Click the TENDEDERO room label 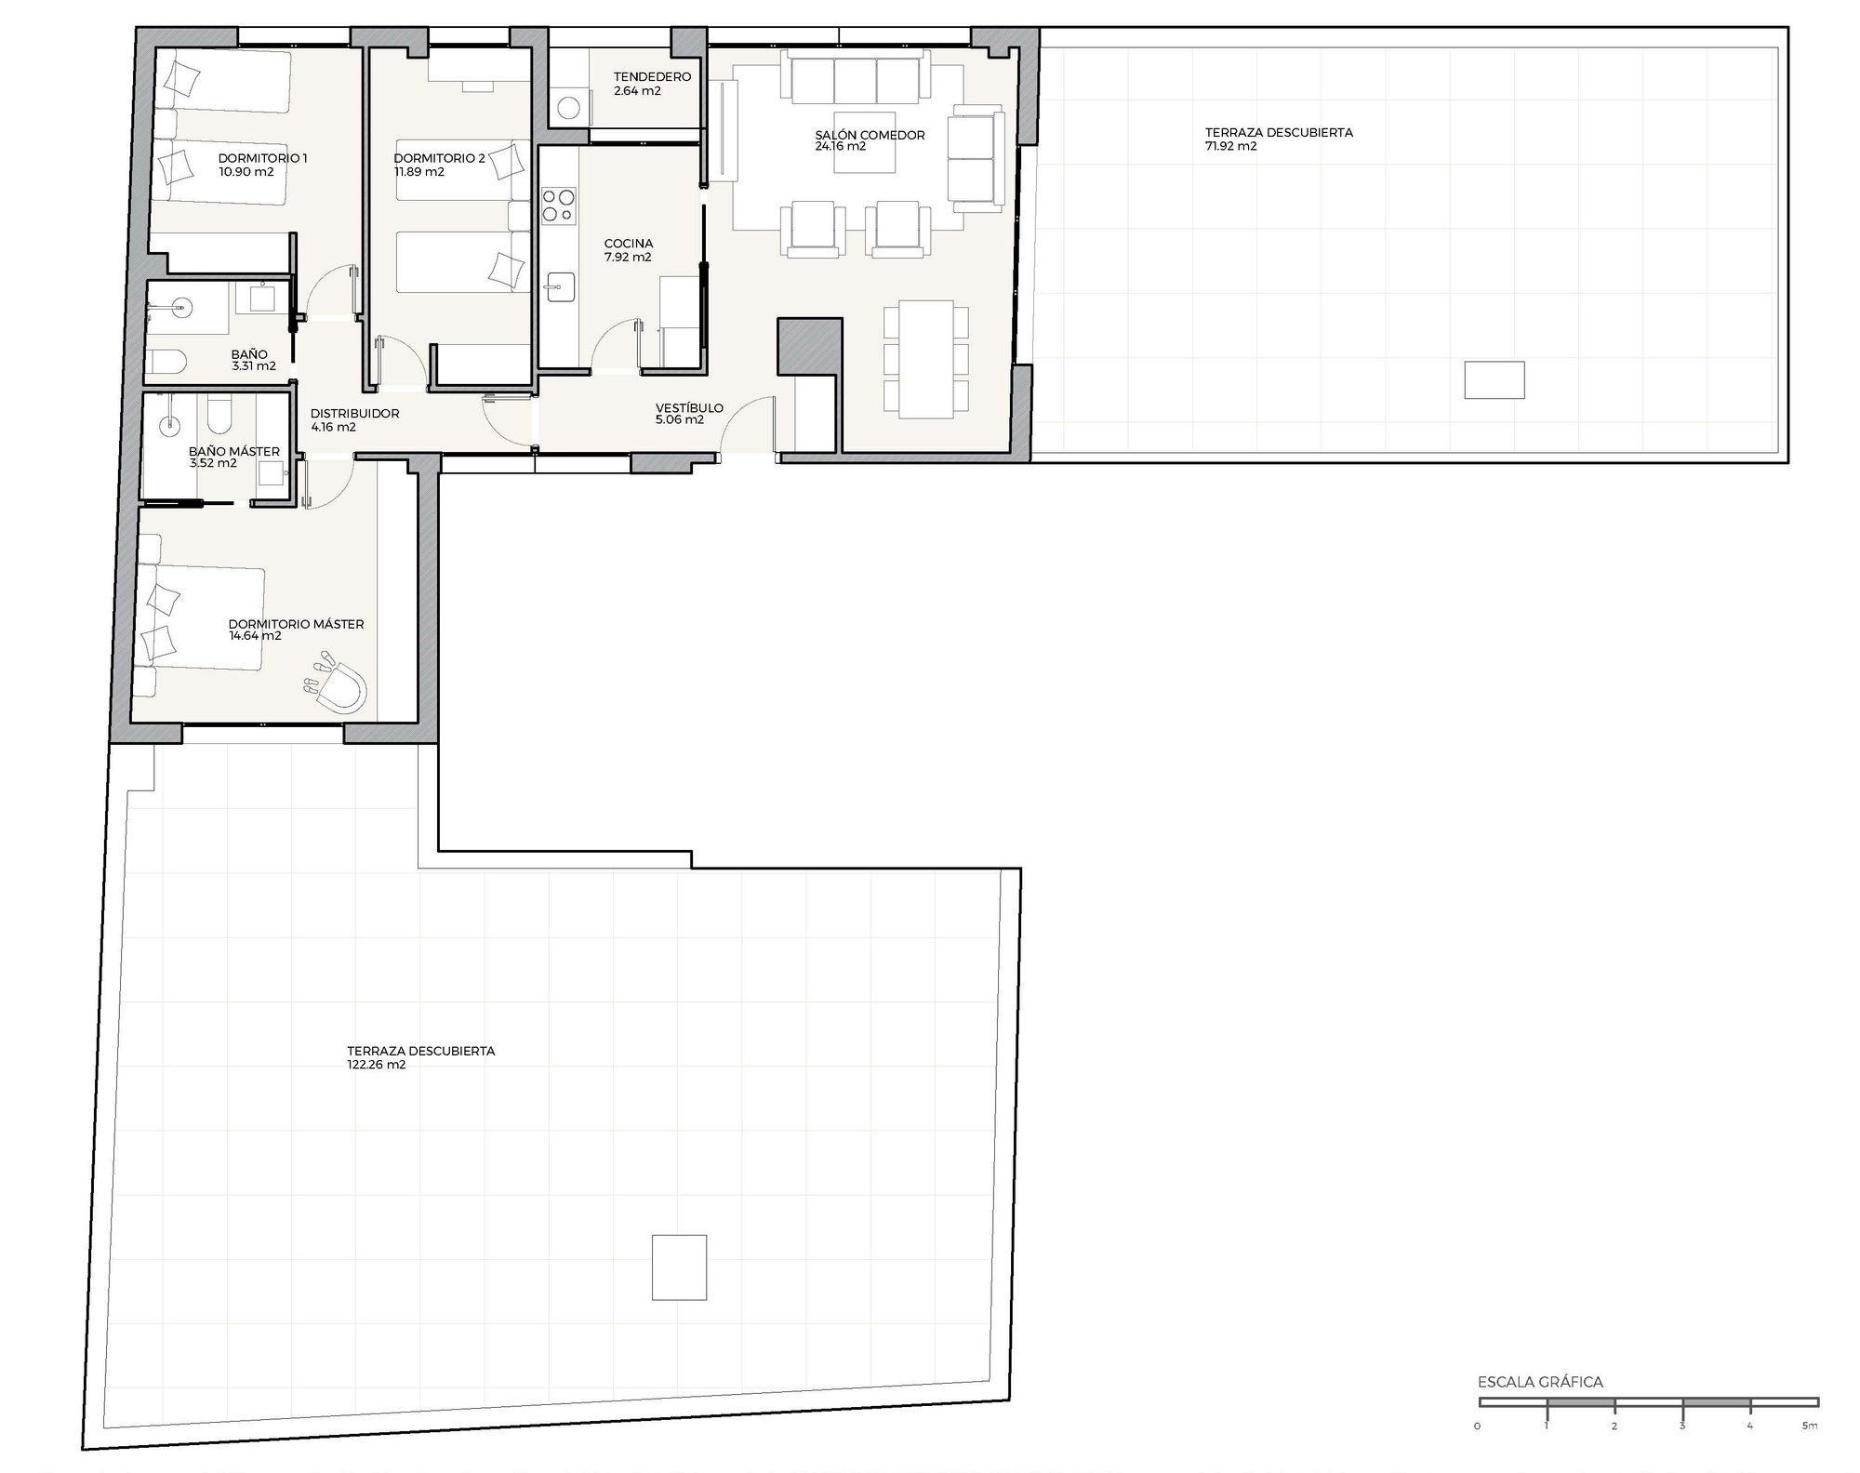pyautogui.click(x=652, y=77)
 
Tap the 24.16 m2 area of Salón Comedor pyautogui.click(x=841, y=147)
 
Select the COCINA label pyautogui.click(x=629, y=245)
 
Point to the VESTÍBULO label pyautogui.click(x=689, y=408)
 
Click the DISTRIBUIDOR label pyautogui.click(x=354, y=414)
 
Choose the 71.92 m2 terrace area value pyautogui.click(x=1231, y=146)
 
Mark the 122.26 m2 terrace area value pyautogui.click(x=377, y=1065)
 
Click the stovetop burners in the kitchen pyautogui.click(x=559, y=206)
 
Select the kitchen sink pyautogui.click(x=558, y=287)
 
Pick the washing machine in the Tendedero pyautogui.click(x=568, y=105)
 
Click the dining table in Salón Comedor pyautogui.click(x=926, y=358)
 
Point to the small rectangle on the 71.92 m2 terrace pyautogui.click(x=1495, y=379)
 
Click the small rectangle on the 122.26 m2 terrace pyautogui.click(x=679, y=1267)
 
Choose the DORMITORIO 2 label pyautogui.click(x=439, y=158)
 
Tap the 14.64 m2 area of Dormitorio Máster pyautogui.click(x=255, y=637)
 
